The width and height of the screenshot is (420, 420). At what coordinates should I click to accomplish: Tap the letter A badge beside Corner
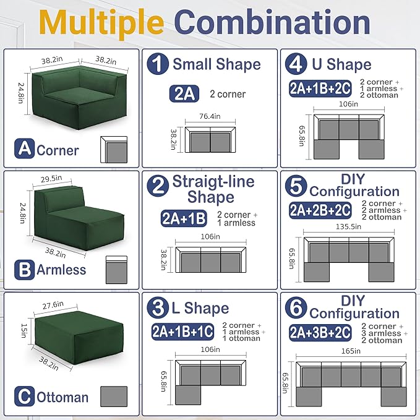point(24,148)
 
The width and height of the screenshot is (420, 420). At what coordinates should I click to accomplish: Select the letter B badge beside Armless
point(24,270)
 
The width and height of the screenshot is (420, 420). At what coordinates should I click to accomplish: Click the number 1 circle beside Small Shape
point(159,63)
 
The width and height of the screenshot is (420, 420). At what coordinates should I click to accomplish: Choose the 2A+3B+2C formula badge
point(320,332)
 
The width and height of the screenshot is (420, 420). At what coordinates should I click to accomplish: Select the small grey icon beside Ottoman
point(113,396)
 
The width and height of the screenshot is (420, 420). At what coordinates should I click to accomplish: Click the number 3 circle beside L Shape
point(159,307)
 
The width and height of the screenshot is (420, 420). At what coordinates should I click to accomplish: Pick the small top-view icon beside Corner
point(113,148)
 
